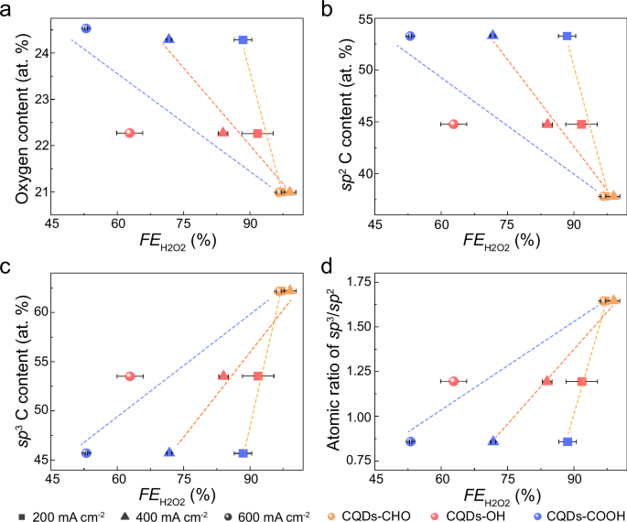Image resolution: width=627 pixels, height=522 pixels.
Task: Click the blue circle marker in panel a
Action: click(86, 28)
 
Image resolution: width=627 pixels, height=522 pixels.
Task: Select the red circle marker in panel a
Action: click(130, 133)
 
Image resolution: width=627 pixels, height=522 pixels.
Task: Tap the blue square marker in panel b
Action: click(567, 36)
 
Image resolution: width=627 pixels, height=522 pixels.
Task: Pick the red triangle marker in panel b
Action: click(547, 124)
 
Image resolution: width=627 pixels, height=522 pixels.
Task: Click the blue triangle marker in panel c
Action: click(169, 452)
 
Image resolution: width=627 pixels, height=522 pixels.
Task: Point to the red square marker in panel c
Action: click(258, 376)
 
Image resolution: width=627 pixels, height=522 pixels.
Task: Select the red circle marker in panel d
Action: click(453, 381)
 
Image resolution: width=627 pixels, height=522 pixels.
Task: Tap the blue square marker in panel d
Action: click(568, 441)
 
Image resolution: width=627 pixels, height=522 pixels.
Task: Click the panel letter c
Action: click(7, 267)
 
